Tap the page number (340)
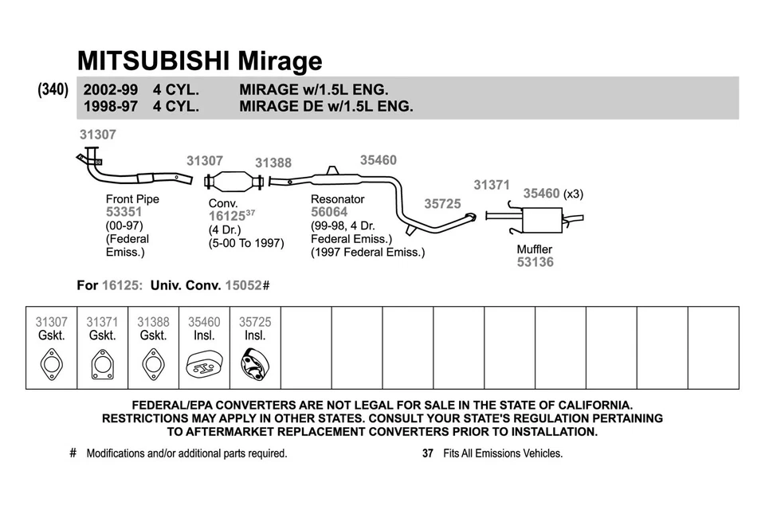point(53,91)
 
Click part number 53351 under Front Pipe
point(124,212)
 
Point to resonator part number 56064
point(329,212)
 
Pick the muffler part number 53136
point(535,262)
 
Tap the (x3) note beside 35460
point(574,194)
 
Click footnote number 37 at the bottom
point(427,453)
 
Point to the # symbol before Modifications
point(73,453)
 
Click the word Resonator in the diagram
point(337,199)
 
